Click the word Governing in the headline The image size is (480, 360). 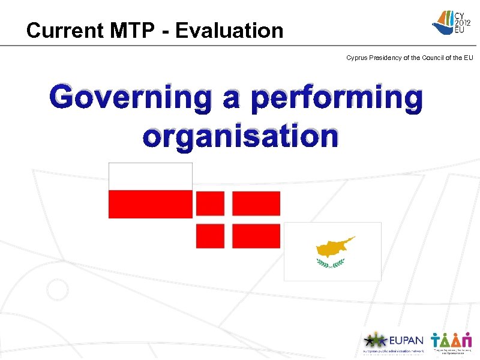point(130,99)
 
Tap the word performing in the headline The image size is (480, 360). point(337,99)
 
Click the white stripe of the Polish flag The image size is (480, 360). point(150,176)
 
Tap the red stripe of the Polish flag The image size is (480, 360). point(150,204)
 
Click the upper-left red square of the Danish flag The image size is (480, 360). point(210,203)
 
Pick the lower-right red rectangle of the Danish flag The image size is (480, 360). point(256,236)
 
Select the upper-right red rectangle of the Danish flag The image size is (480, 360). point(256,203)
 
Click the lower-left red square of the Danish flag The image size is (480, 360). point(210,236)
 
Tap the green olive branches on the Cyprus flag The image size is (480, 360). point(331,263)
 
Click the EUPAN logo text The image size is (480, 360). point(407,340)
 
